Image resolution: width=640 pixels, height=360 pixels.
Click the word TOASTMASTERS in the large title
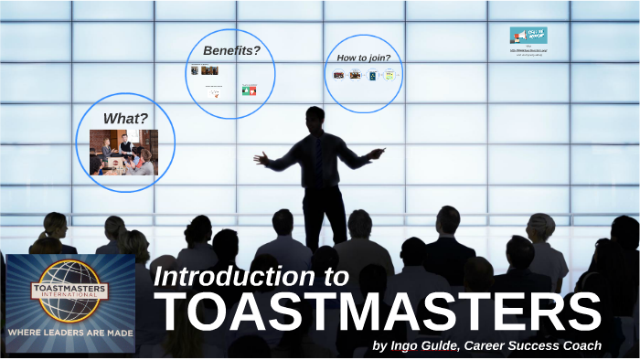(x=380, y=312)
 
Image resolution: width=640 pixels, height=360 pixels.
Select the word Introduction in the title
(x=240, y=277)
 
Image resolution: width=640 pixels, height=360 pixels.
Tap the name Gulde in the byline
(x=438, y=345)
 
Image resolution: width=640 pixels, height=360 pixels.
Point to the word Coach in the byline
(x=581, y=345)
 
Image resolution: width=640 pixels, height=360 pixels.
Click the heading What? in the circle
(x=125, y=118)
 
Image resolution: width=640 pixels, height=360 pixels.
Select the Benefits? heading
(x=231, y=50)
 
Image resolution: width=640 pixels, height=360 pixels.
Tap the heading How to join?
(x=364, y=58)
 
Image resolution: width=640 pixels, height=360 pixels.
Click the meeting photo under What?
(x=123, y=152)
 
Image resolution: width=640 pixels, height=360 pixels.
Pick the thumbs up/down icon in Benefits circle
(x=249, y=90)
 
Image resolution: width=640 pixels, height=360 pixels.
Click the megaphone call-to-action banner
(x=528, y=36)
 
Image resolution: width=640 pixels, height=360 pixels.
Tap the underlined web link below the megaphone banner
(x=528, y=51)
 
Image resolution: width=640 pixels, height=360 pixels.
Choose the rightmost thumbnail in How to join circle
(x=389, y=75)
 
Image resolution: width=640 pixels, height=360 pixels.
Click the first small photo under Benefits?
(x=195, y=70)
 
